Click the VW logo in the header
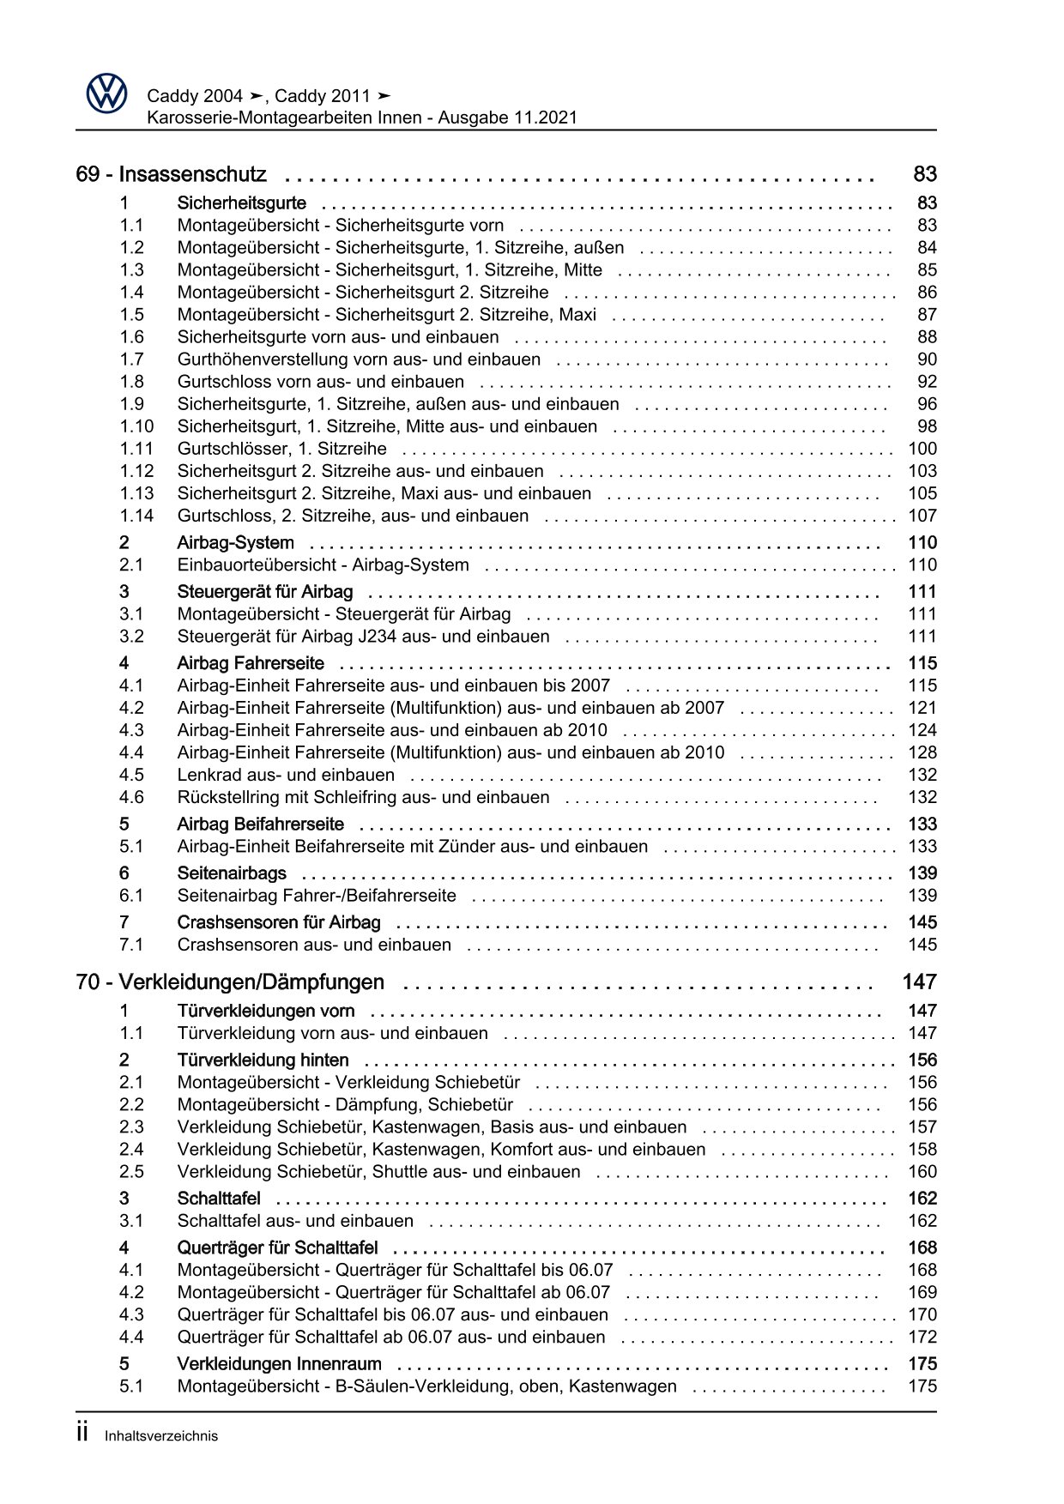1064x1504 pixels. tap(107, 93)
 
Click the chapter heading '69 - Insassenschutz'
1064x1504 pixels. tap(171, 174)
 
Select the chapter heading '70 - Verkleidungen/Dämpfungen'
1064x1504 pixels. tap(229, 982)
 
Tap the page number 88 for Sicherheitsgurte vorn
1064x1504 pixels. tap(927, 337)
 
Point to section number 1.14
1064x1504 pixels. tap(136, 516)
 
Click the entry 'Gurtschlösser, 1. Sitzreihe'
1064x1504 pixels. tap(281, 449)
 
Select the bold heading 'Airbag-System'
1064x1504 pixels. tap(235, 542)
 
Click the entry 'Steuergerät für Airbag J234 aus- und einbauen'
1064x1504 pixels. tap(363, 637)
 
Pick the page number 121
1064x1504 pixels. tap(922, 708)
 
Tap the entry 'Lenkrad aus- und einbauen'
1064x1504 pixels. tap(286, 775)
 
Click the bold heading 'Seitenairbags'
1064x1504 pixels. tap(232, 873)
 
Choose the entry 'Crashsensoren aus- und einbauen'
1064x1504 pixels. tap(314, 945)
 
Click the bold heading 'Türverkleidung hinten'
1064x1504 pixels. tap(263, 1060)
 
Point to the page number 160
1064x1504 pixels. tap(922, 1172)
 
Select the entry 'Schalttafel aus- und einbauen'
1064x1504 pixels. tap(295, 1221)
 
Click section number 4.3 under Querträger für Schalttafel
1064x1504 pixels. tap(131, 1314)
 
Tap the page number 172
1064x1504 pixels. tap(922, 1337)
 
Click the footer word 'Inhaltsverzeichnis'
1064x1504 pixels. tap(161, 1436)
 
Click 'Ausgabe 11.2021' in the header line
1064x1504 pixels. tap(507, 118)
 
